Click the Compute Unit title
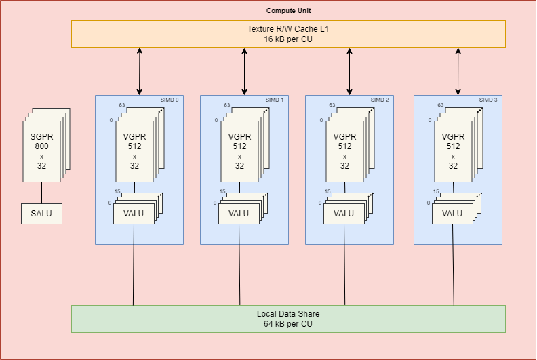tap(289, 10)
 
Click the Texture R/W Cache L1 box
tap(288, 34)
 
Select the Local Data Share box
tap(288, 319)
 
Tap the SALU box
tap(41, 214)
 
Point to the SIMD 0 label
tap(170, 100)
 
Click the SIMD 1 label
tap(275, 100)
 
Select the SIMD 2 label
tap(380, 100)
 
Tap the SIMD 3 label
tap(488, 100)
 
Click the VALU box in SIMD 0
tap(134, 213)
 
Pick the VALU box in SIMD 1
tap(239, 213)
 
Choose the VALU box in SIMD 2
tap(344, 213)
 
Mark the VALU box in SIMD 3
tap(452, 213)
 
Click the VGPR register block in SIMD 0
tap(134, 151)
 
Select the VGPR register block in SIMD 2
tap(344, 151)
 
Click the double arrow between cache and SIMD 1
tap(245, 71)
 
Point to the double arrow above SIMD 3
tap(458, 71)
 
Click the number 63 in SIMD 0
tap(122, 105)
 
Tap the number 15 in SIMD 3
tap(437, 192)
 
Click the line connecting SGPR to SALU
tap(41, 193)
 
